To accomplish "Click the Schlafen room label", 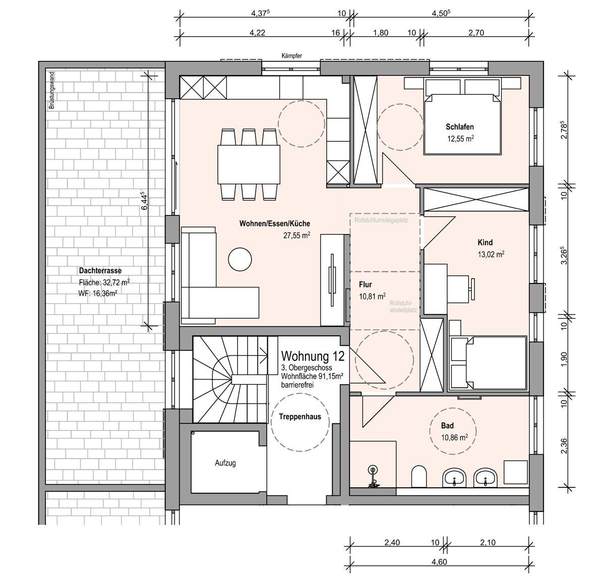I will pos(459,127).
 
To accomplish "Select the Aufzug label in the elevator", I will pos(225,463).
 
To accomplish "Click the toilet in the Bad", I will pos(419,476).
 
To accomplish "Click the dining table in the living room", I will pos(249,165).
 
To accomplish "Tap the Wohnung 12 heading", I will pos(313,356).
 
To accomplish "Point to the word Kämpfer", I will pos(292,56).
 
